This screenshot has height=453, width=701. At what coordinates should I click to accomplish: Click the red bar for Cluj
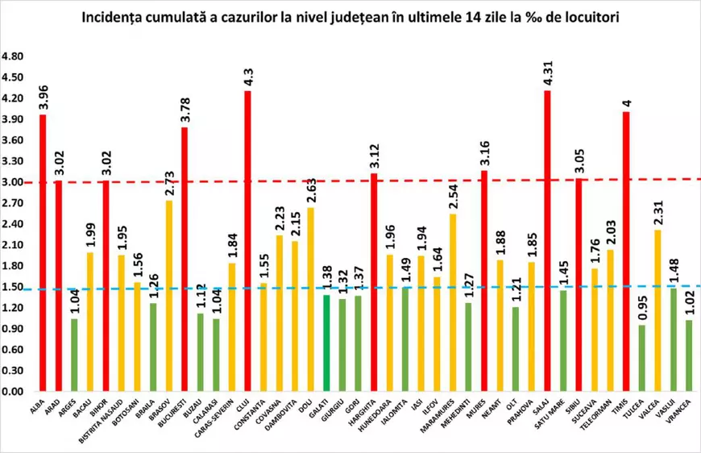[x=247, y=242]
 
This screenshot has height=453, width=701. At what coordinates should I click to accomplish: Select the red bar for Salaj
[x=548, y=242]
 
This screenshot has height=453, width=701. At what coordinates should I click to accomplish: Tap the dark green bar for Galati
[x=326, y=343]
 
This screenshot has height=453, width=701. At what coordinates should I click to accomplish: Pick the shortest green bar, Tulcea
[x=642, y=358]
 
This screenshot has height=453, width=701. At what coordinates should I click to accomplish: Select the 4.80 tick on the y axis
[x=14, y=57]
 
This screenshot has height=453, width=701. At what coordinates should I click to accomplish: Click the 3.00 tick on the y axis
[x=14, y=182]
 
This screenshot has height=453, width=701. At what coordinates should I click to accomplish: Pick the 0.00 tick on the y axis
[x=14, y=392]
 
